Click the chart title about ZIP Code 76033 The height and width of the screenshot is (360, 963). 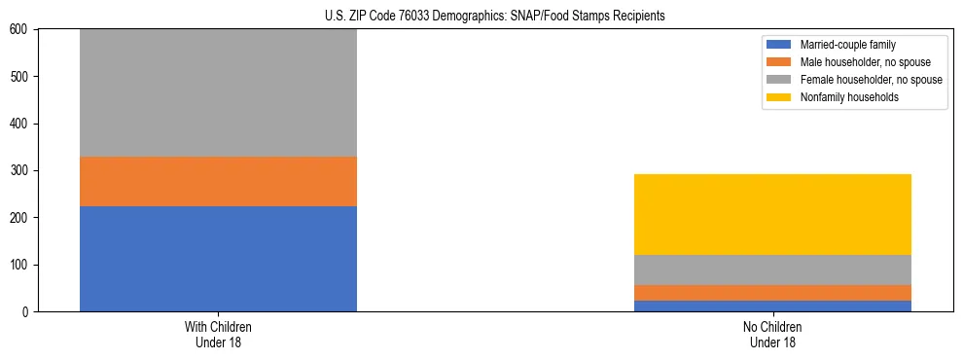(495, 17)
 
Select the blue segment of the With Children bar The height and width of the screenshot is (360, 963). (218, 259)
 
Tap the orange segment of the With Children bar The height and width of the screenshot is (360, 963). (218, 181)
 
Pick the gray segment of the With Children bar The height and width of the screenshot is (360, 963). (218, 92)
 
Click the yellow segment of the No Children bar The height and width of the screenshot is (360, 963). (772, 214)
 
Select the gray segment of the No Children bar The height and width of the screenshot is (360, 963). (772, 270)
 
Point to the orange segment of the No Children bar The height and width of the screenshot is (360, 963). (772, 293)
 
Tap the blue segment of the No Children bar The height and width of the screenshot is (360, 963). (772, 306)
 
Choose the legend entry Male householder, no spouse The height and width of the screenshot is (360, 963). (856, 62)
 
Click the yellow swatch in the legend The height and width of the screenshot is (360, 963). (779, 97)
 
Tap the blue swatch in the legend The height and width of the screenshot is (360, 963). (779, 45)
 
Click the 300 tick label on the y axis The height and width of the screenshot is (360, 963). (19, 171)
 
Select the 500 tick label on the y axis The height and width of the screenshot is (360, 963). (19, 77)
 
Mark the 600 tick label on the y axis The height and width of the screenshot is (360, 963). (19, 30)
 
